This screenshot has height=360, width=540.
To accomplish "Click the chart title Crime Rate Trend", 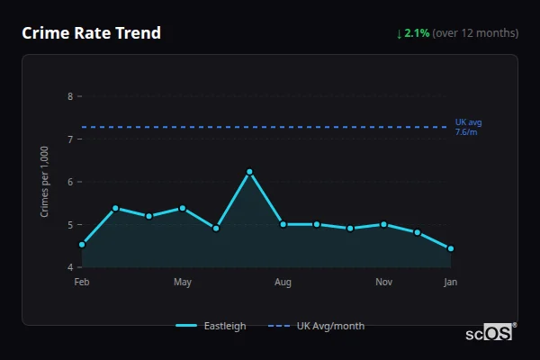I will pos(91,33).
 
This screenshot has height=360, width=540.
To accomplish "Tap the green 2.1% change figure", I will pos(417,33).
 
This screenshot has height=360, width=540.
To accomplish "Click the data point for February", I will pos(82,244).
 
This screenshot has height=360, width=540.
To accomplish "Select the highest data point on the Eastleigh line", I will pos(249,171).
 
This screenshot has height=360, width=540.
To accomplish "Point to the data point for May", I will pos(183,208).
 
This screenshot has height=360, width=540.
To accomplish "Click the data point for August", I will pos(283,224).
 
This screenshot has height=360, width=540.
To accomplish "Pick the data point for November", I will pos(383,224).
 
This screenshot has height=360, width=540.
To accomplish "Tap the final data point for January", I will pos(450,248).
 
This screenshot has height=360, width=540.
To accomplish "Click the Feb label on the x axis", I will pos(82,283).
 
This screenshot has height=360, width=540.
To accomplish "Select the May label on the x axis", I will pos(183,283).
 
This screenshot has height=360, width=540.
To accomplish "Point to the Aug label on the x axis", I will pos(283,283).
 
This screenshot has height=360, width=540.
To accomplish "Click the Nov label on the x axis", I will pos(383,283).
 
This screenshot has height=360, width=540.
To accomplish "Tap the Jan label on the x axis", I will pos(450,283).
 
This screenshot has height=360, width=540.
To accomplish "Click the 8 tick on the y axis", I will pos(70,96).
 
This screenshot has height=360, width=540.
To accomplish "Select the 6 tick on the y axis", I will pos(70,182).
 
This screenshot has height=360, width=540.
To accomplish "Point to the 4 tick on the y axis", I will pos(70,267).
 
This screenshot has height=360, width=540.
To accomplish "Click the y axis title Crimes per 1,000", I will pos(44,182).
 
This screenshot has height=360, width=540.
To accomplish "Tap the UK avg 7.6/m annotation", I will pos(467,127).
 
